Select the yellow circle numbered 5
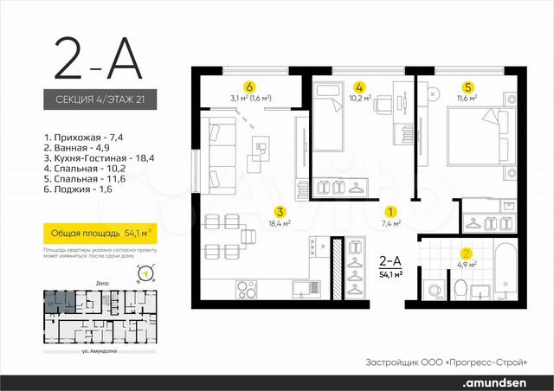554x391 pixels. pyautogui.click(x=467, y=87)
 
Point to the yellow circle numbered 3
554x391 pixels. pyautogui.click(x=280, y=210)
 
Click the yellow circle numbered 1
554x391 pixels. pyautogui.click(x=390, y=210)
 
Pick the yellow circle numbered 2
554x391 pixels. pyautogui.click(x=467, y=254)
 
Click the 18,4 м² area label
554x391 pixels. pyautogui.click(x=280, y=223)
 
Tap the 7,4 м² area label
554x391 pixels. pyautogui.click(x=390, y=223)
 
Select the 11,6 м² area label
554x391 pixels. pyautogui.click(x=467, y=99)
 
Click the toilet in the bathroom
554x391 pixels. pyautogui.click(x=461, y=286)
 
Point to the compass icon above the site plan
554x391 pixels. pyautogui.click(x=145, y=275)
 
